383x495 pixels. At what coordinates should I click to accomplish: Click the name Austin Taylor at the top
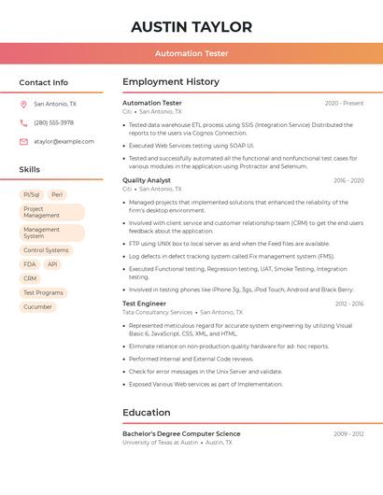pos(191,27)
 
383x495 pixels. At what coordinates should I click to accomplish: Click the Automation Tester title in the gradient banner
pos(191,53)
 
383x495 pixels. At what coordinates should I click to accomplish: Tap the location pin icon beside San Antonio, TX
pos(23,105)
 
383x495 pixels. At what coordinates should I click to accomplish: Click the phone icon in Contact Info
pos(23,123)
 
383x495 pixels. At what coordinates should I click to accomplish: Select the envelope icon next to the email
pos(23,142)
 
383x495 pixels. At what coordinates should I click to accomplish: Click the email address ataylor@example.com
pos(64,142)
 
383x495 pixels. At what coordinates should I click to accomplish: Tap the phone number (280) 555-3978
pos(53,123)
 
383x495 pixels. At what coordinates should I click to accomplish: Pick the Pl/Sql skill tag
pos(31,194)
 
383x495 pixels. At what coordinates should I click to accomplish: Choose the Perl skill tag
pos(57,194)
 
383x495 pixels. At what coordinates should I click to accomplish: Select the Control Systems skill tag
pos(46,250)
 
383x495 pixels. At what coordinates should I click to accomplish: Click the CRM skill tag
pos(30,278)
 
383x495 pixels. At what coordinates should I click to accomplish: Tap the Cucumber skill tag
pos(37,306)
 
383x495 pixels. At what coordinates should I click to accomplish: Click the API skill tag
pos(52,264)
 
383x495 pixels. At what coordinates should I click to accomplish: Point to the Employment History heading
pos(170,82)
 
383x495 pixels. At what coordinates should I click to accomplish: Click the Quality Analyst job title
pos(146,180)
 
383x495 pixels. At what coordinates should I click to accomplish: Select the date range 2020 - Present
pos(344,103)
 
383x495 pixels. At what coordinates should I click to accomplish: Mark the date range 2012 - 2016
pos(349,304)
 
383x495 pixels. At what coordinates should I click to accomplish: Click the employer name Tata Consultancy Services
pos(157,312)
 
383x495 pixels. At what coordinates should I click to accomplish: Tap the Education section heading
pos(146,412)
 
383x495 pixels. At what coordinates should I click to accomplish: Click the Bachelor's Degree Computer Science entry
pos(181,433)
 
